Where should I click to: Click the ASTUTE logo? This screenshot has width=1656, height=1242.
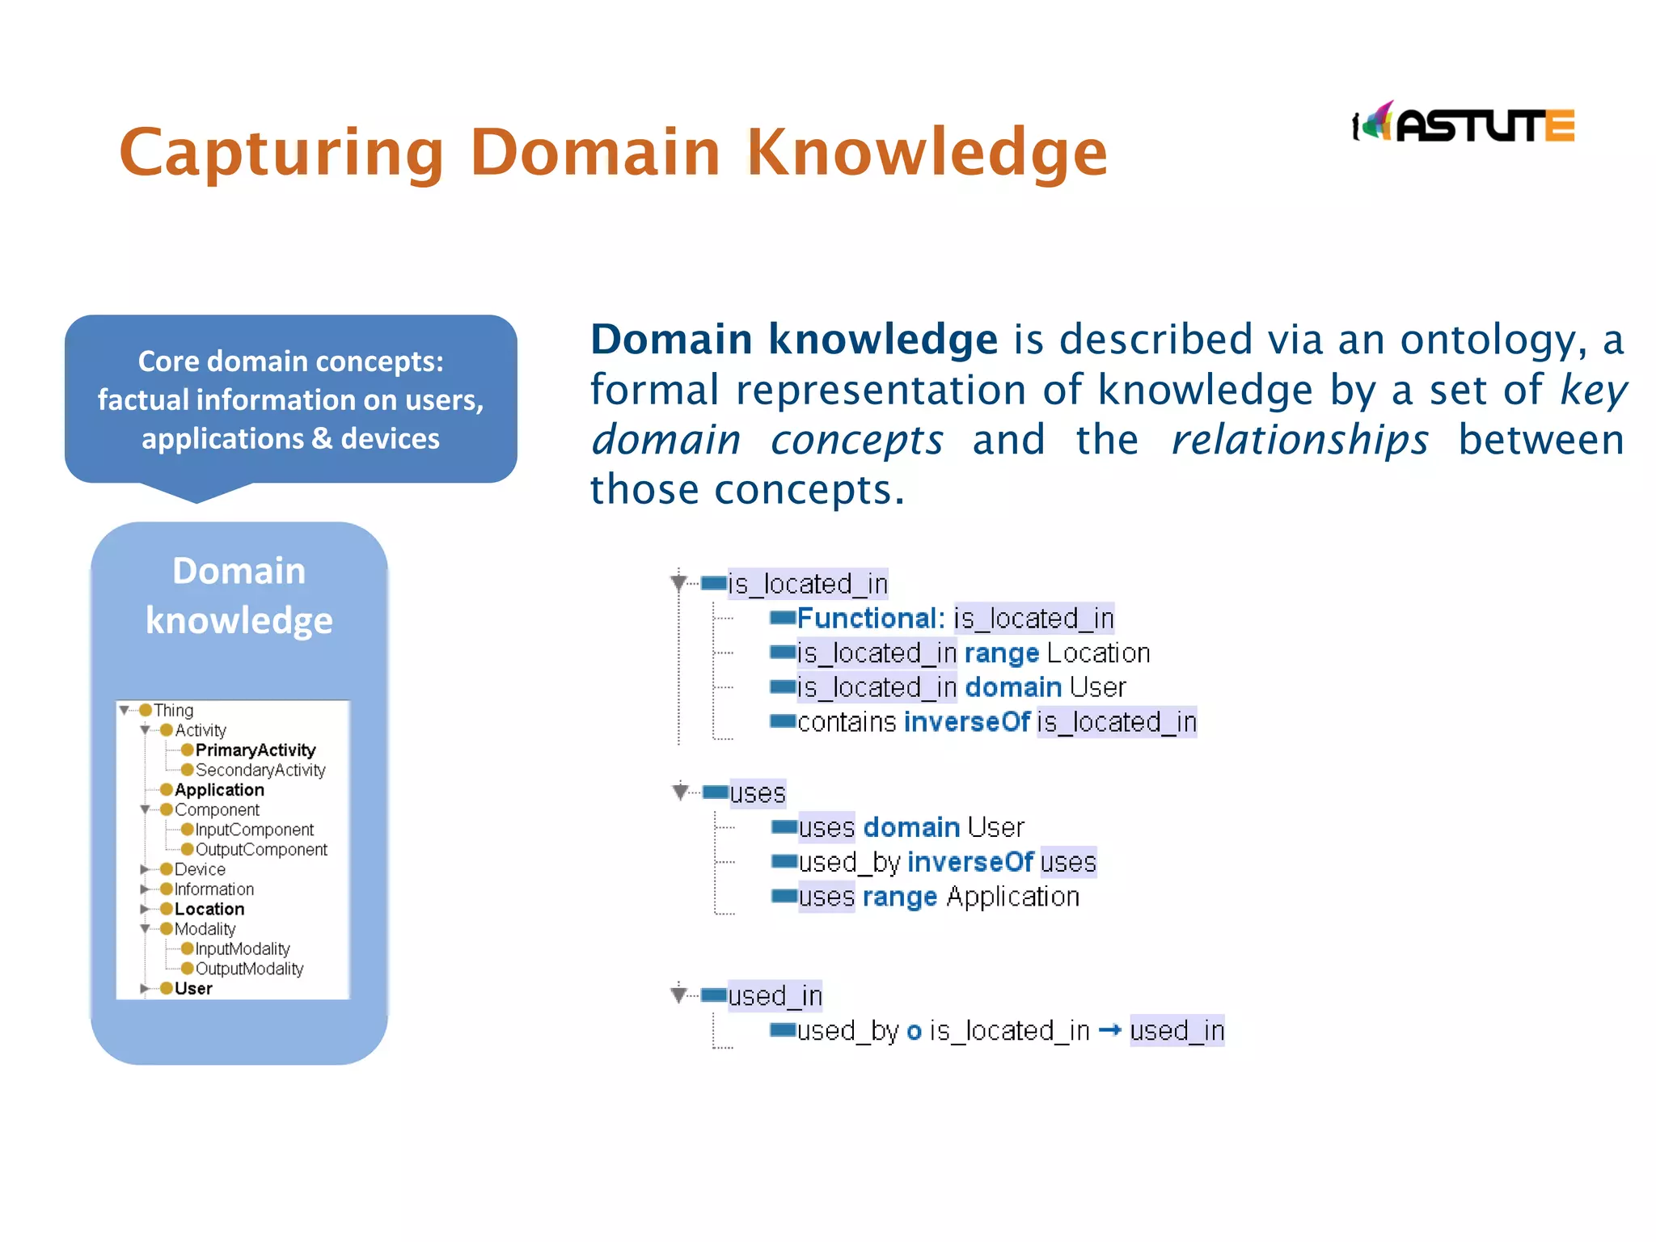(1464, 125)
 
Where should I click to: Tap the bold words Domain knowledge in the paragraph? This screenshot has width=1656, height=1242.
(794, 340)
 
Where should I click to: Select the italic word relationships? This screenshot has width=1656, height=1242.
(1299, 441)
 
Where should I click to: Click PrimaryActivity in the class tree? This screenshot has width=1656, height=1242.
(255, 750)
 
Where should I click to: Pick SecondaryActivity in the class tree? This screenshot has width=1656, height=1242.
(260, 771)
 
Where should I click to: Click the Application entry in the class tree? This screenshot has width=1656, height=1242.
(219, 790)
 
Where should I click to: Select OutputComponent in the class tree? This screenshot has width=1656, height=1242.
(260, 850)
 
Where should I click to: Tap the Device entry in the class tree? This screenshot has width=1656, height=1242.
(200, 869)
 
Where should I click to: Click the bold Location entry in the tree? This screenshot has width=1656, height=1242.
(209, 909)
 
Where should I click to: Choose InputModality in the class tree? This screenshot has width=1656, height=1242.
(242, 949)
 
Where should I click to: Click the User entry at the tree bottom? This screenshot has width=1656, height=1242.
(193, 989)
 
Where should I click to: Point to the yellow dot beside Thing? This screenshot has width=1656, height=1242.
(146, 710)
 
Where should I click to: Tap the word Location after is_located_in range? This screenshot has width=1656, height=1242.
(1098, 653)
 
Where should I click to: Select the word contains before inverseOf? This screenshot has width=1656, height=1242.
(847, 722)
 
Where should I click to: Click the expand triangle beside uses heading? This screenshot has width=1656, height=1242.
(680, 791)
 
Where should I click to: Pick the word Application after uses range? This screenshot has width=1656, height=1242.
(1012, 897)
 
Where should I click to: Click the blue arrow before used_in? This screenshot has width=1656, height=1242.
(1110, 1030)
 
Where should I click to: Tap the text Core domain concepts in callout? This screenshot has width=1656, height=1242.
(290, 361)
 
